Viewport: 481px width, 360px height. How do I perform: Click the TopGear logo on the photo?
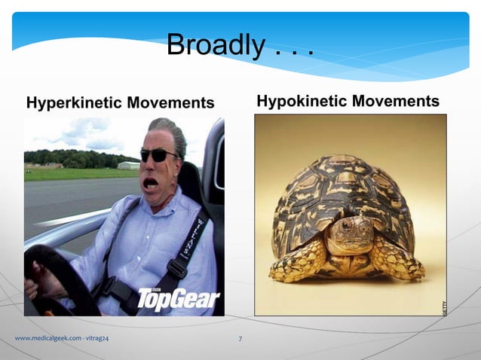177,298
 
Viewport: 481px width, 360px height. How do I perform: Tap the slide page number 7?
240,339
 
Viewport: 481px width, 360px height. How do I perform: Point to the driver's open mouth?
151,182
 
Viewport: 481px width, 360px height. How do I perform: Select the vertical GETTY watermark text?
444,307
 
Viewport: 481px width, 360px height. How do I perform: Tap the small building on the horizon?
128,165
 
